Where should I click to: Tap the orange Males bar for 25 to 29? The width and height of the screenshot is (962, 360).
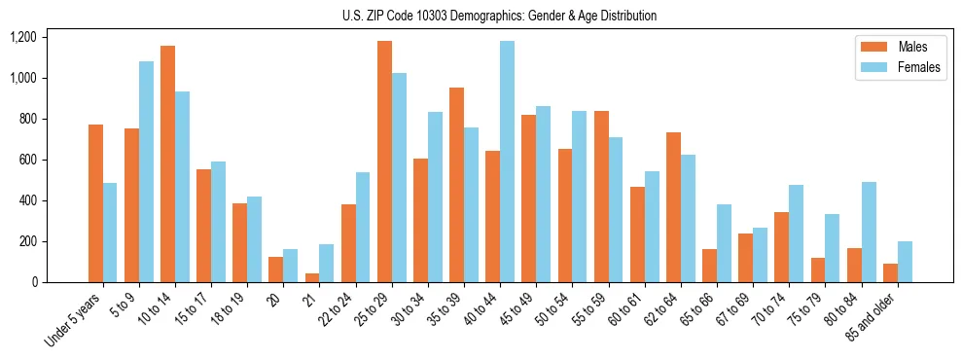(384, 162)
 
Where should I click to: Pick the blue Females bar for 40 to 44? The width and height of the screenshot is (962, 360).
(507, 162)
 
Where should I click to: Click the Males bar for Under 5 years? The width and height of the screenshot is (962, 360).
(95, 203)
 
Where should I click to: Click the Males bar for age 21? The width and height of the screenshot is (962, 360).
(312, 277)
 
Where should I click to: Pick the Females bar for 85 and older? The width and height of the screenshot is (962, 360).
(905, 262)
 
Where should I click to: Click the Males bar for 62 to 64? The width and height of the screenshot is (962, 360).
(673, 207)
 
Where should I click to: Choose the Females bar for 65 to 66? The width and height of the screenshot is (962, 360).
(724, 243)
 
